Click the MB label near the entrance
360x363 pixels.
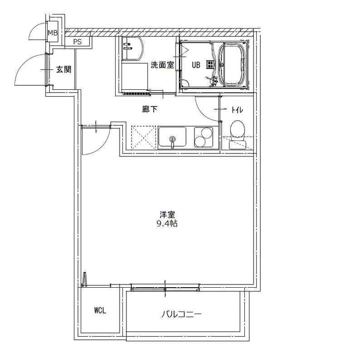(x=53, y=33)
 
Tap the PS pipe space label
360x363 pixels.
(x=78, y=42)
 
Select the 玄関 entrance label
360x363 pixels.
(x=63, y=69)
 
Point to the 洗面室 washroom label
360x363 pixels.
(x=162, y=65)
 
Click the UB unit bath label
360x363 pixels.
(x=196, y=65)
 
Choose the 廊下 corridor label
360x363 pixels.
(x=150, y=109)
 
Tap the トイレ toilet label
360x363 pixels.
(x=237, y=110)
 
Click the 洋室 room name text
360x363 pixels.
(x=167, y=215)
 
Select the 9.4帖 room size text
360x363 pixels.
(x=167, y=224)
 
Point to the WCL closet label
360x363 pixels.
(x=100, y=310)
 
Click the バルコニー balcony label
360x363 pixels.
(x=181, y=314)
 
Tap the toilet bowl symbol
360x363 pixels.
(x=238, y=129)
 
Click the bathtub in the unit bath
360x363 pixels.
(x=232, y=64)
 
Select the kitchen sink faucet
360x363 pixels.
(x=172, y=142)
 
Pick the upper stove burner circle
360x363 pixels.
(x=206, y=132)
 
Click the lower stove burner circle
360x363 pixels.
(x=200, y=142)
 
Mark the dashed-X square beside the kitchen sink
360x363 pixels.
(x=144, y=138)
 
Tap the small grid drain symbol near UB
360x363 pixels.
(x=210, y=65)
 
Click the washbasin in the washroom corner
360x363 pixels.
(x=132, y=49)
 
